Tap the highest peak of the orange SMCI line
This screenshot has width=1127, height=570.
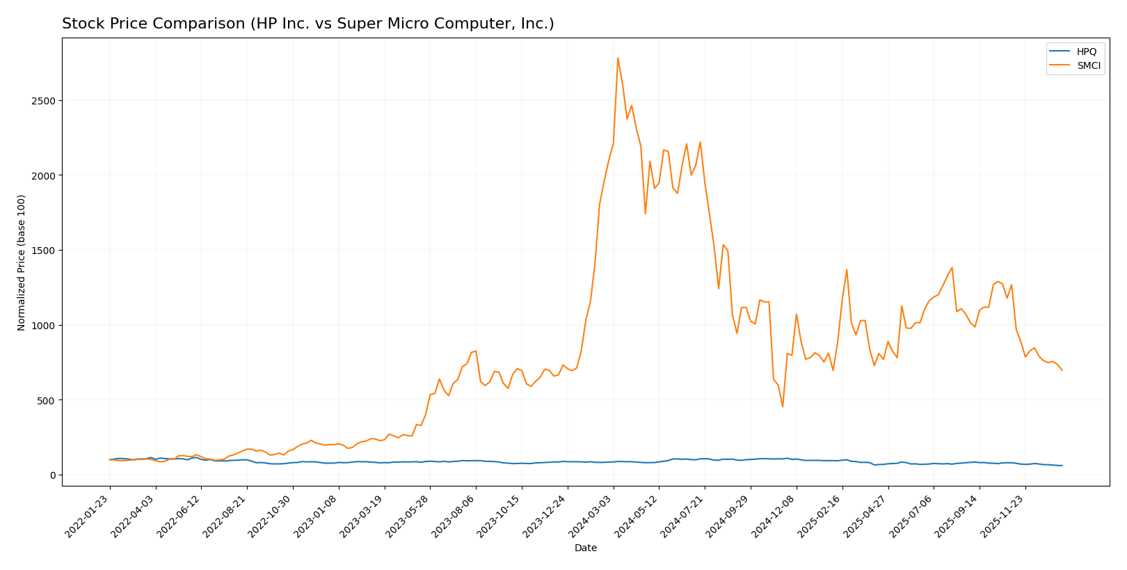tap(618, 58)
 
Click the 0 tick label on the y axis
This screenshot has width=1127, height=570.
tap(54, 475)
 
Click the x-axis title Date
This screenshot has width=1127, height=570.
tap(585, 548)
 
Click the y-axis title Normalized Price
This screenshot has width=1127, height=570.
tap(22, 262)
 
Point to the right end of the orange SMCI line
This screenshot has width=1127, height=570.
tap(1062, 370)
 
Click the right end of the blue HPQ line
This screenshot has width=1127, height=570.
tap(1062, 466)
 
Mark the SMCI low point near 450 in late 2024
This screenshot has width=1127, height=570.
tap(783, 406)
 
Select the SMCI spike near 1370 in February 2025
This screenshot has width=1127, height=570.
tap(847, 270)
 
